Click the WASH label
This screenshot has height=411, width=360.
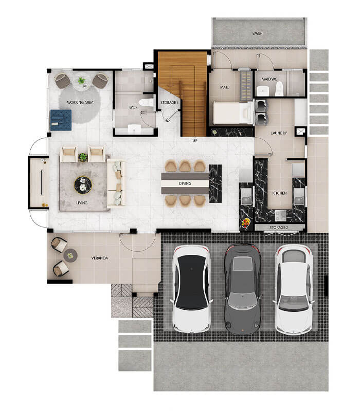click(x=257, y=33)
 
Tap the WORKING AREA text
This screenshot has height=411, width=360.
click(x=80, y=102)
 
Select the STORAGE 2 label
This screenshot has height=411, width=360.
click(x=279, y=228)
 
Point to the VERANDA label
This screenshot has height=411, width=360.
click(x=99, y=258)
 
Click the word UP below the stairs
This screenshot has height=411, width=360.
click(x=195, y=141)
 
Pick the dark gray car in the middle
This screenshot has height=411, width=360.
click(x=242, y=289)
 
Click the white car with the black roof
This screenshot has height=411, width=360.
click(x=191, y=289)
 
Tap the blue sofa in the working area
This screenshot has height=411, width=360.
click(x=61, y=120)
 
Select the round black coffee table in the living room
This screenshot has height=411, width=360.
click(x=83, y=185)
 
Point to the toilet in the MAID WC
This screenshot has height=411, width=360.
click(x=279, y=88)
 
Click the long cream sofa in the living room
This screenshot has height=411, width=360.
click(x=116, y=183)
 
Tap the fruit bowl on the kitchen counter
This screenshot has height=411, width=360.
click(x=246, y=223)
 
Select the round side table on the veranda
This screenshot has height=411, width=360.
click(x=70, y=255)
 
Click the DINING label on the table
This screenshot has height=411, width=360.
click(x=185, y=183)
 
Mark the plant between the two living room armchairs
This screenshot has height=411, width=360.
click(x=83, y=157)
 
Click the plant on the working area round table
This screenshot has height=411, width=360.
click(x=82, y=81)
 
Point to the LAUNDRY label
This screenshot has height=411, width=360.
click(x=279, y=133)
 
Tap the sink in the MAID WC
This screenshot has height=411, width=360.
click(x=262, y=91)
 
